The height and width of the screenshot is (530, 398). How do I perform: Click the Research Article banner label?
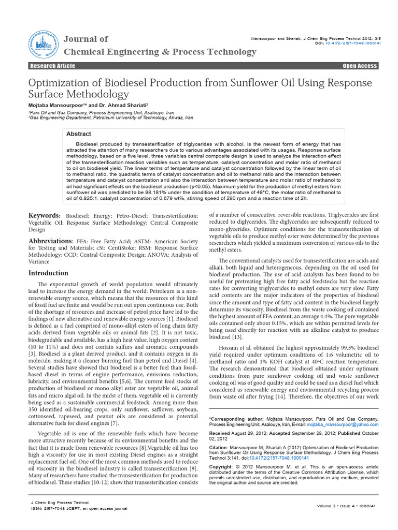[x=52, y=66]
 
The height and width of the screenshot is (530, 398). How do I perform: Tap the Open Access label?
[x=360, y=66]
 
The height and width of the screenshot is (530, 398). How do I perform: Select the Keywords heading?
[x=44, y=215]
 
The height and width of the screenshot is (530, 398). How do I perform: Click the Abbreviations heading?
[x=50, y=241]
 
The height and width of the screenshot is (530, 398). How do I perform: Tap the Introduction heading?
[x=48, y=273]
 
